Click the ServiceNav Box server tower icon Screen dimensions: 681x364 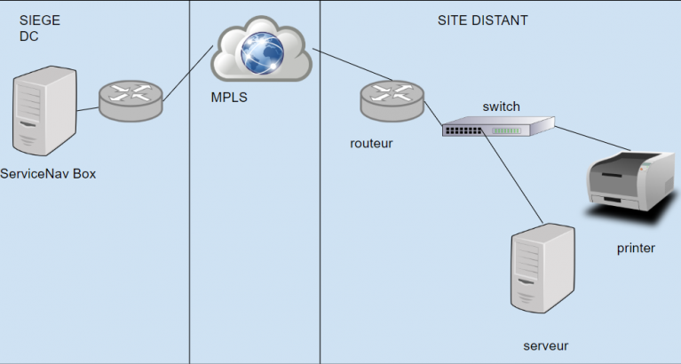tap(45, 111)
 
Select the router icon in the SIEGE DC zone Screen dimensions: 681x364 tap(131, 100)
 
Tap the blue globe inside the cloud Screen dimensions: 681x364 tap(262, 53)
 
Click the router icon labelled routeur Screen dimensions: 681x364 tap(392, 100)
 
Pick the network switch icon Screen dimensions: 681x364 tap(499, 126)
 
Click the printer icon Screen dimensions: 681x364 tap(631, 182)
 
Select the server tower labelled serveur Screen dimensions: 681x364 tap(542, 268)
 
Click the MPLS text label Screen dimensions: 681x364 tap(229, 98)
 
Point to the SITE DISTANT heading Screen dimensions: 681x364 tap(482, 20)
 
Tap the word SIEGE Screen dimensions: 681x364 tap(40, 20)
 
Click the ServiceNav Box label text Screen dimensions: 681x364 tap(48, 174)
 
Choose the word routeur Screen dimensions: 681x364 tap(371, 143)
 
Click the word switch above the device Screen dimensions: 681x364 tap(501, 107)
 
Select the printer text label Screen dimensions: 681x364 tap(636, 248)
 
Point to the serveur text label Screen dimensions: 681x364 tap(546, 345)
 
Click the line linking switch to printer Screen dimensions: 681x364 tap(593, 138)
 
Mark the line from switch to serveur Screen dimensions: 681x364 tap(512, 176)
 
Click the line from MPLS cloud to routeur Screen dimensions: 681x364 tap(352, 65)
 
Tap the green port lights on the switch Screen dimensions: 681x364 tap(506, 131)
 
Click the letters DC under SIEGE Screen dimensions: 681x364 tap(28, 36)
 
